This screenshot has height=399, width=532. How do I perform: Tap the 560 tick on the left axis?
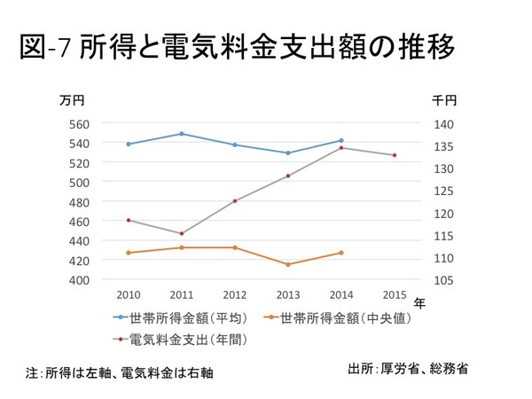(78, 124)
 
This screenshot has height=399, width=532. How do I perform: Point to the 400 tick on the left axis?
(78, 279)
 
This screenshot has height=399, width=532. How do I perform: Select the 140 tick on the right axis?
(443, 124)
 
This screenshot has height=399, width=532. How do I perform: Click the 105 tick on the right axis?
(443, 279)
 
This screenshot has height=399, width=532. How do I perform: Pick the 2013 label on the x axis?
(287, 295)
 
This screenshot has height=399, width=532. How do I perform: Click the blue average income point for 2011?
(182, 134)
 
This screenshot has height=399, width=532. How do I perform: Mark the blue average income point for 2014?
(341, 140)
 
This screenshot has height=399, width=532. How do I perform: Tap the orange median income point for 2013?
(288, 264)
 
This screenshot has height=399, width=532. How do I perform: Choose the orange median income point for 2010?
(129, 253)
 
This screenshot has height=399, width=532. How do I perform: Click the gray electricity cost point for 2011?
(182, 233)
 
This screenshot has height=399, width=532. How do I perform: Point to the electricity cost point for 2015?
(395, 155)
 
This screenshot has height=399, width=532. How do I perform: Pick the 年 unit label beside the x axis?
(420, 301)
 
